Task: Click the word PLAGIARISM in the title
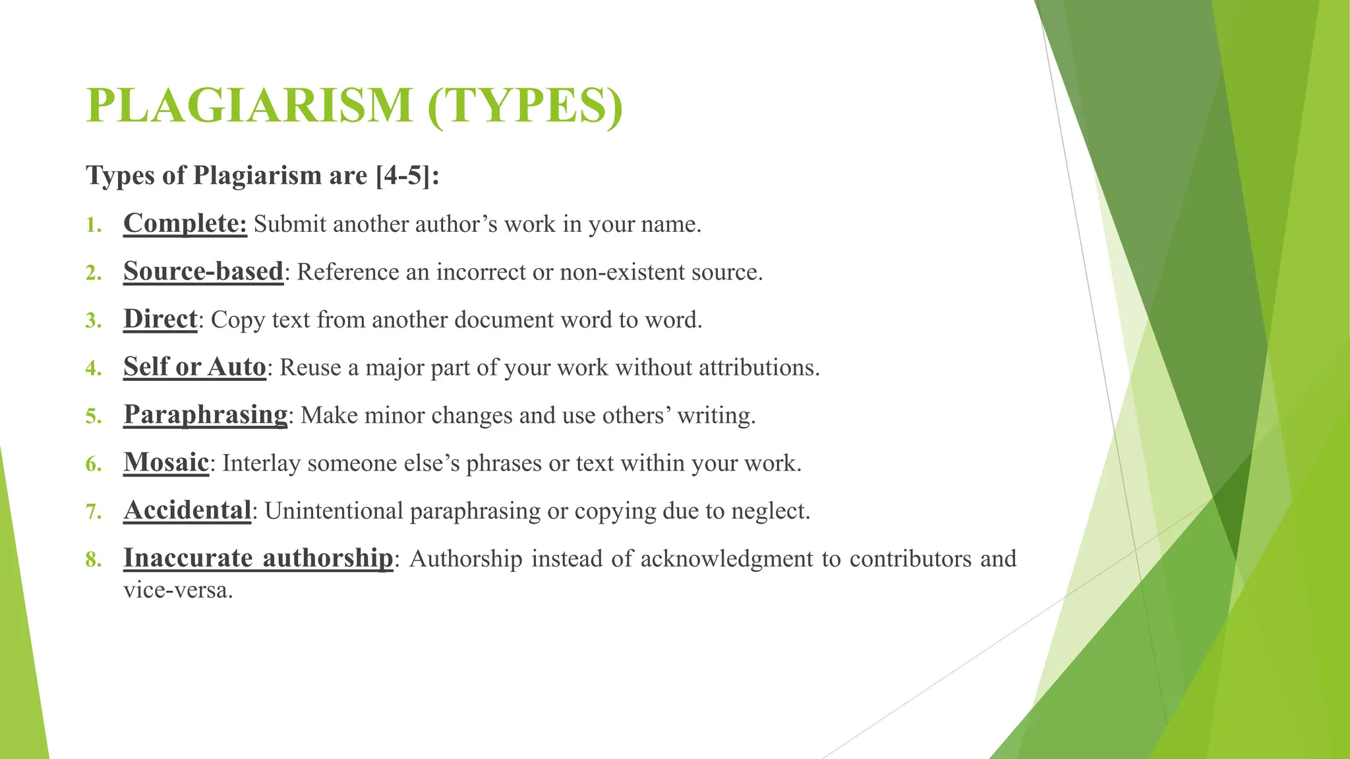(249, 105)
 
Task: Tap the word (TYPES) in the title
(525, 105)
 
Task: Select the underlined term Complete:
(185, 223)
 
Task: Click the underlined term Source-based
(203, 271)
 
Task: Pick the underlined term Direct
(160, 319)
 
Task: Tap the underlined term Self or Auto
(194, 367)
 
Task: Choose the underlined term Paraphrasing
(206, 414)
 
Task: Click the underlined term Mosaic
(166, 463)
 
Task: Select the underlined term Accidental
(188, 511)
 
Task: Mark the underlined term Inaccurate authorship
(258, 558)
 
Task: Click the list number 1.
(94, 226)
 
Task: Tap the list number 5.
(94, 416)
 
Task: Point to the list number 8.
(94, 560)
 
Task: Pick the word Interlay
(261, 463)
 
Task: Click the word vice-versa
(178, 590)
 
